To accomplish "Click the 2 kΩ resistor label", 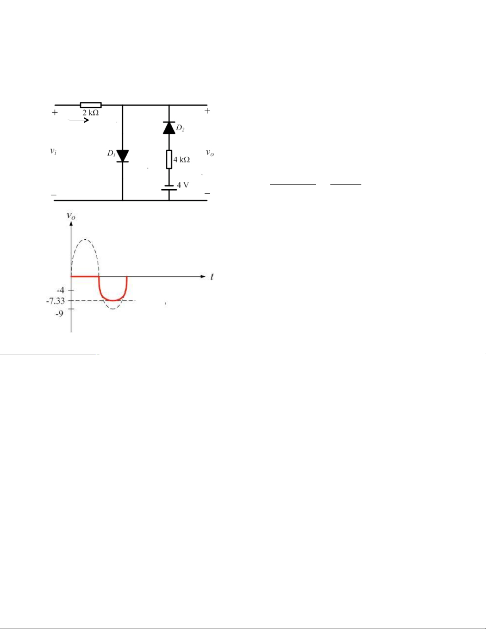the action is coord(90,113).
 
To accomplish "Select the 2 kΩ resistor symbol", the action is coord(91,105).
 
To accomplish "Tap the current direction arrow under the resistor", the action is coord(78,120).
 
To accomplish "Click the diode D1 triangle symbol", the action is coord(123,156).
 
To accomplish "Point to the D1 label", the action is coord(111,154).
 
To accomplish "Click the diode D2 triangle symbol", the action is coord(169,128).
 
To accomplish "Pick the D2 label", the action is coord(180,128).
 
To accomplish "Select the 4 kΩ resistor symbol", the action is coord(169,159).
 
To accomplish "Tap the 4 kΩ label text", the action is coord(181,160).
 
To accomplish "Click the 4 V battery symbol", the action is coord(169,188).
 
